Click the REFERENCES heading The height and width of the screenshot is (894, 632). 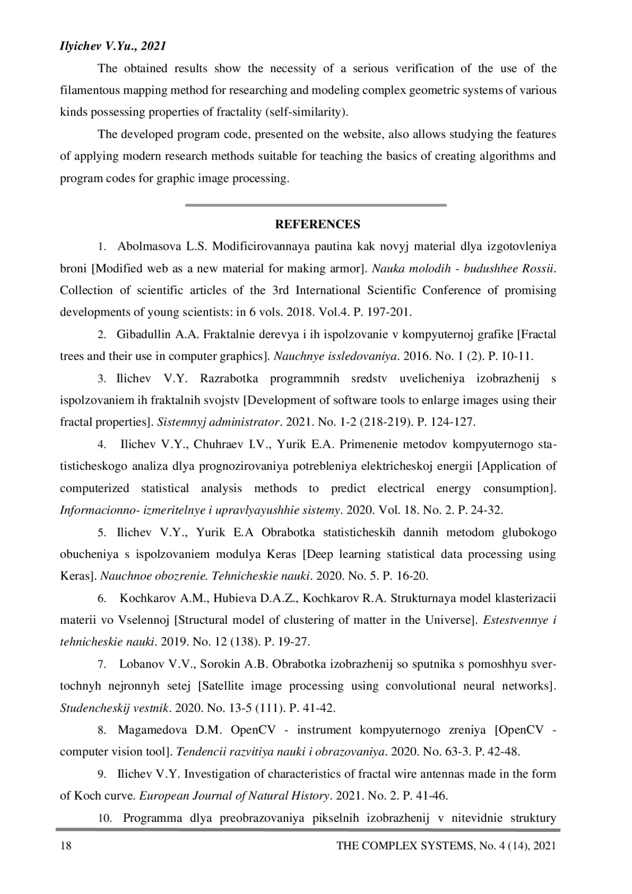tap(318, 225)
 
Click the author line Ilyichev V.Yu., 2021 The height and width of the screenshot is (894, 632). tap(113, 46)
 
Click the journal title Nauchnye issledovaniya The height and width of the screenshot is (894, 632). tap(335, 357)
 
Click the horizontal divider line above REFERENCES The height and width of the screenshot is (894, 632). tap(315, 205)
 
